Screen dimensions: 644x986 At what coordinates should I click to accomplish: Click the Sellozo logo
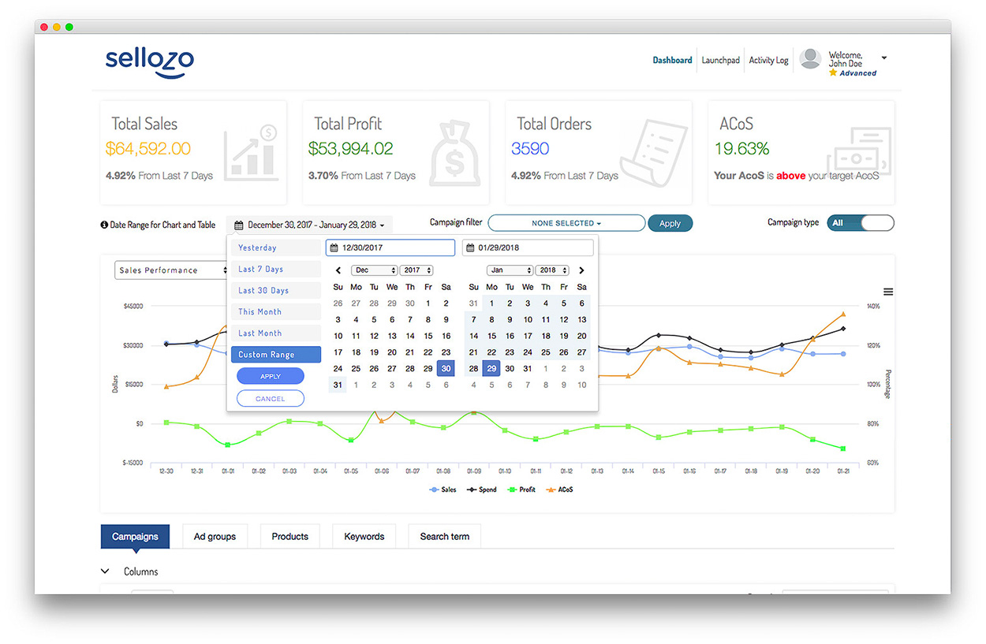pos(149,61)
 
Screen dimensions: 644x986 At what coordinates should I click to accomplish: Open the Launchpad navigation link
pos(720,60)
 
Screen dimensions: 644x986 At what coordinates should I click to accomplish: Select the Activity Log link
pos(768,60)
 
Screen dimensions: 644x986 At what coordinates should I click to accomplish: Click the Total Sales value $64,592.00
pos(148,148)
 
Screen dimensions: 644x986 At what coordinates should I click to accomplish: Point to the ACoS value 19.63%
pos(741,148)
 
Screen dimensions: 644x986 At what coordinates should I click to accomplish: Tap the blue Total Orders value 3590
pos(529,148)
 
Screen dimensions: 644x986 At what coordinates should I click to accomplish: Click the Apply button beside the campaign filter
pos(670,224)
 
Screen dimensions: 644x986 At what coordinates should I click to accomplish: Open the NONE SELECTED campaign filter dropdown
pos(566,223)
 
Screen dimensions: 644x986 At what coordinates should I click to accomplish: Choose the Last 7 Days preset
pos(260,269)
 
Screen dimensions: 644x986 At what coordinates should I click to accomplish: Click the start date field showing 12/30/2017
pos(390,248)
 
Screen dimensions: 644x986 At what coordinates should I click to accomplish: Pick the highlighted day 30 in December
pos(446,368)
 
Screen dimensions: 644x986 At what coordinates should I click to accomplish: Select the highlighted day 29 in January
pos(491,368)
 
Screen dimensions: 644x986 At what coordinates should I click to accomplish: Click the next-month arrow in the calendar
pos(582,270)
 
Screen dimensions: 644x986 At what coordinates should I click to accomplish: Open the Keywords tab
pos(364,537)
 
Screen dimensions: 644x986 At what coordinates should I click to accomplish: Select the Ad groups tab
pos(215,537)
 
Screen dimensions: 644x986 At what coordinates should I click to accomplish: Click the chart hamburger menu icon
pos(887,292)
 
